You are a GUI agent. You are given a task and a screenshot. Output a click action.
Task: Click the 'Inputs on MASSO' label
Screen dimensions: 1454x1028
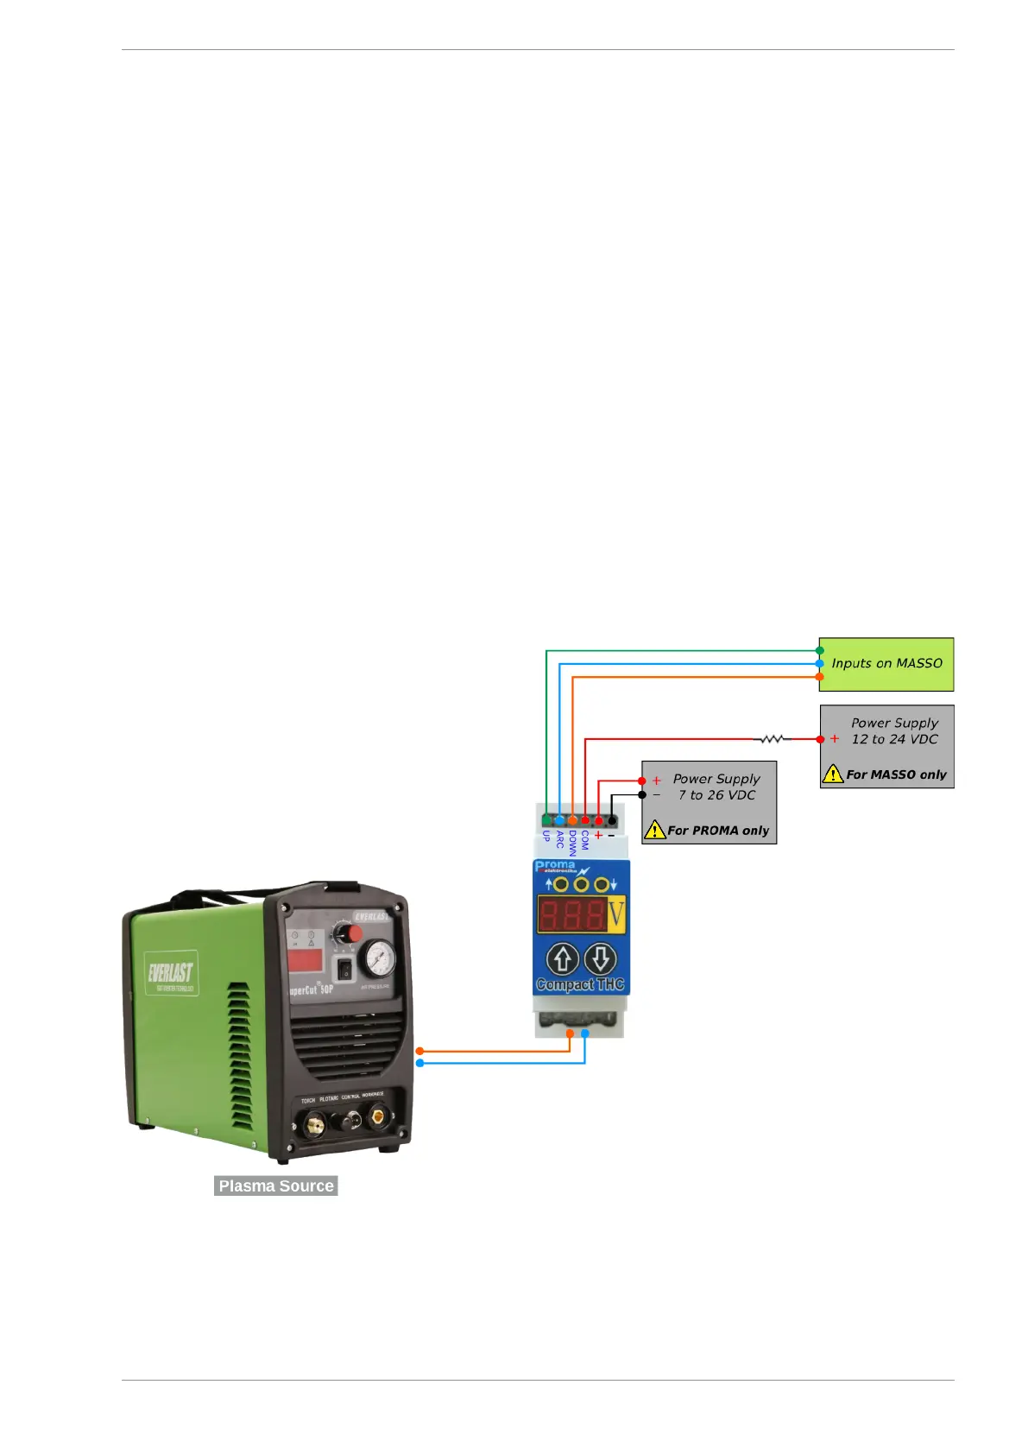coord(886,663)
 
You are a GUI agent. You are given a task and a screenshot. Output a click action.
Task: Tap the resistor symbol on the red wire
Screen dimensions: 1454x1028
coord(772,739)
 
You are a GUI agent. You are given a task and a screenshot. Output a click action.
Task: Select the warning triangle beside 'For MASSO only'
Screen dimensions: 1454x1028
coord(832,774)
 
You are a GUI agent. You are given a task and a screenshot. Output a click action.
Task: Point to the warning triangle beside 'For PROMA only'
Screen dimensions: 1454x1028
coord(655,830)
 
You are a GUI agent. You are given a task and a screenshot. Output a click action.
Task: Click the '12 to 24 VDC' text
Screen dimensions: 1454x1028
coord(894,739)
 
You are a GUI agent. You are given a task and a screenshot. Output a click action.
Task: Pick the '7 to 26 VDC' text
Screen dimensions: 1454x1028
coord(716,795)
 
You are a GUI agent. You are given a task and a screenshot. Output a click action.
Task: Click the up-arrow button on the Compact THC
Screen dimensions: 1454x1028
coord(563,959)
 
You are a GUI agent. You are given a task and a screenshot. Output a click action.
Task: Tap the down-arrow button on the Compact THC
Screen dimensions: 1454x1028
coord(601,959)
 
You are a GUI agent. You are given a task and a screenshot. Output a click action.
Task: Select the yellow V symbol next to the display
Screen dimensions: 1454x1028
coord(615,913)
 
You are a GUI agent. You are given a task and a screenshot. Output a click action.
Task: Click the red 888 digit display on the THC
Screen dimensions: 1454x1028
coord(571,914)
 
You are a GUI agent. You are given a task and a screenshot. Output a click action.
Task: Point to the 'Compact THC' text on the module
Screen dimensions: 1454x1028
coord(580,984)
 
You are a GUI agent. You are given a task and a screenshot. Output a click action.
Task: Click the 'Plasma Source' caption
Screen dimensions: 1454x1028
coord(276,1185)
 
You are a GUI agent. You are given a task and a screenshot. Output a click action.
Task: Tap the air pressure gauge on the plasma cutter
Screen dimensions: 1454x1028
coord(377,958)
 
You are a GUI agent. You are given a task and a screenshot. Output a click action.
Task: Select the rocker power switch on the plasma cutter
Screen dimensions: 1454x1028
coord(344,970)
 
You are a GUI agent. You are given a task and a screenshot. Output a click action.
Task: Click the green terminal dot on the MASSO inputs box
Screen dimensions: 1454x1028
coord(819,651)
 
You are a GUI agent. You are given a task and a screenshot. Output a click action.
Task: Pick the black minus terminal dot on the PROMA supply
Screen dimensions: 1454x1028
coord(642,794)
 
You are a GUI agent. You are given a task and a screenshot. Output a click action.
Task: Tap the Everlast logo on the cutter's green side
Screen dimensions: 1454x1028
coord(171,974)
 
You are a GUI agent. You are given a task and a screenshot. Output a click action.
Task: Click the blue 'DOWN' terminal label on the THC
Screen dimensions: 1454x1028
coord(572,843)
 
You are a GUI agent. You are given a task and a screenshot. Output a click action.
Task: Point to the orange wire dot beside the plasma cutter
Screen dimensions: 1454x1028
coord(419,1051)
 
